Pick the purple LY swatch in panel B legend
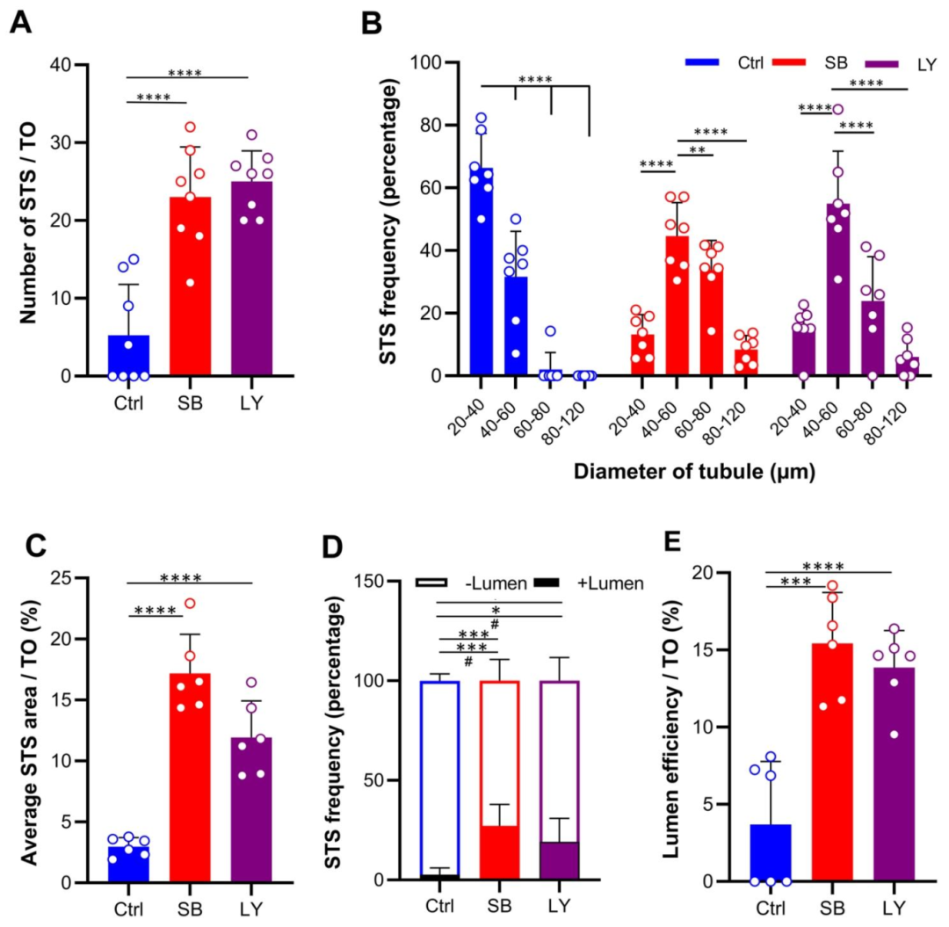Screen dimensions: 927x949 coord(886,63)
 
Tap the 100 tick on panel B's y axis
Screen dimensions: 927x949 coord(431,63)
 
